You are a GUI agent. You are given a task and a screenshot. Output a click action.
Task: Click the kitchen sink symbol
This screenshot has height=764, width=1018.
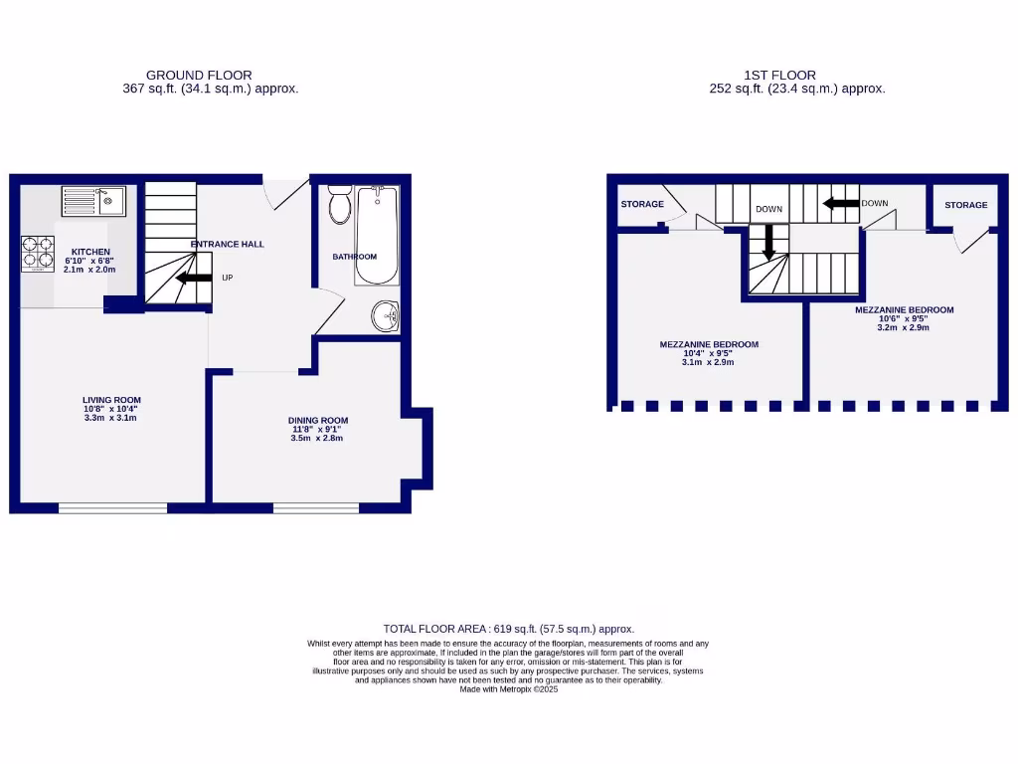click(92, 201)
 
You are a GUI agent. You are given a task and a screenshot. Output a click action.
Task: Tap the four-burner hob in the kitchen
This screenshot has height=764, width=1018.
click(38, 253)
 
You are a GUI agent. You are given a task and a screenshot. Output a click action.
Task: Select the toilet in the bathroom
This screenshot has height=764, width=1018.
click(340, 203)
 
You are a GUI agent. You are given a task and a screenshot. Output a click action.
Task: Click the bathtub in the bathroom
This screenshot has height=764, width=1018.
click(377, 235)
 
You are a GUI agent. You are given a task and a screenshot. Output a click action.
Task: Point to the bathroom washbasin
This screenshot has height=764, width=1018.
click(385, 316)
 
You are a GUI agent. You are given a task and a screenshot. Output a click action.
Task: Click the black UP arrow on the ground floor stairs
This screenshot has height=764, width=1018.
click(194, 279)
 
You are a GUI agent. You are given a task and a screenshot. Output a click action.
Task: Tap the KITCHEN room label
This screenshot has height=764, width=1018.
click(89, 252)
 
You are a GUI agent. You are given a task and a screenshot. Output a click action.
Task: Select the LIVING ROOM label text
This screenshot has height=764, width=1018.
click(111, 400)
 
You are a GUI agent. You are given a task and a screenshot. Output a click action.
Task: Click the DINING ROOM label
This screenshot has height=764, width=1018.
click(318, 420)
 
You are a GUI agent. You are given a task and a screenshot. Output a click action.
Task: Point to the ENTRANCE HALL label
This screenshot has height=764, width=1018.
click(228, 244)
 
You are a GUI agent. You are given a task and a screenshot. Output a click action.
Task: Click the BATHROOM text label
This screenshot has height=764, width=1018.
click(355, 257)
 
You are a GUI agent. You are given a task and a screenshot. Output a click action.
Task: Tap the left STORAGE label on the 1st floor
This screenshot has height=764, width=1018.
click(642, 204)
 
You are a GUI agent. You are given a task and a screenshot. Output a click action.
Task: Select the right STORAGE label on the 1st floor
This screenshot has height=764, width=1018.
click(965, 205)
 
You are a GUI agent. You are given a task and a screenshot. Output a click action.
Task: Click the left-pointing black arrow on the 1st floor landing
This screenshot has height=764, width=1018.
click(841, 204)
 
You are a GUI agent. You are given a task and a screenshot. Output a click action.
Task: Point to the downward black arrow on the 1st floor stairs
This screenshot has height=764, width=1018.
click(766, 245)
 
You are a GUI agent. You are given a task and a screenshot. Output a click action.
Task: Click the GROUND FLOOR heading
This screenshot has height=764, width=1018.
click(199, 75)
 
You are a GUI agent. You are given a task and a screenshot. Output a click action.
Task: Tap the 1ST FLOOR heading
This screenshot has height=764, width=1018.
click(779, 75)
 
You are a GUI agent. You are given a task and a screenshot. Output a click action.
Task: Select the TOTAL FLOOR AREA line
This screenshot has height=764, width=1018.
click(508, 629)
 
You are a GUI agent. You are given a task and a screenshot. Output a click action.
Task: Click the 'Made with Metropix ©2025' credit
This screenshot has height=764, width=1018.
click(508, 688)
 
